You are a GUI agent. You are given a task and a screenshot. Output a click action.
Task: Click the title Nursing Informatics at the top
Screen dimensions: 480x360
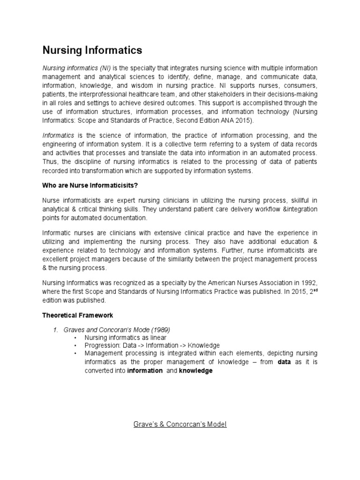92,50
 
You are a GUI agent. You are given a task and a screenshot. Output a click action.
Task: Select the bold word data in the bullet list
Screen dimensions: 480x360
284,362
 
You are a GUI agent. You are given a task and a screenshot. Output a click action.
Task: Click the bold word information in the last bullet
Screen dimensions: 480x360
145,370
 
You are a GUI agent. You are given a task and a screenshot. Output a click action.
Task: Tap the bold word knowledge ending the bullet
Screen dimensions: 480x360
195,370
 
